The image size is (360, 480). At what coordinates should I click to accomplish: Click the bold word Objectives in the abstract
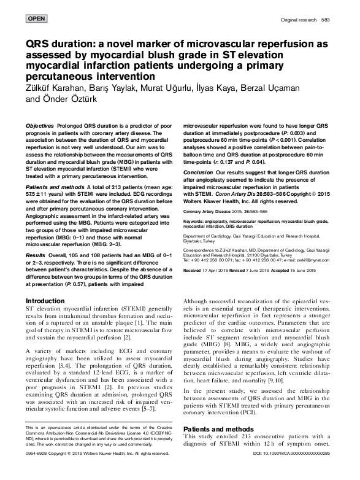coord(39,125)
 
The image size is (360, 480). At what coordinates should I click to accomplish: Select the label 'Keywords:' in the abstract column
coord(195,219)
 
